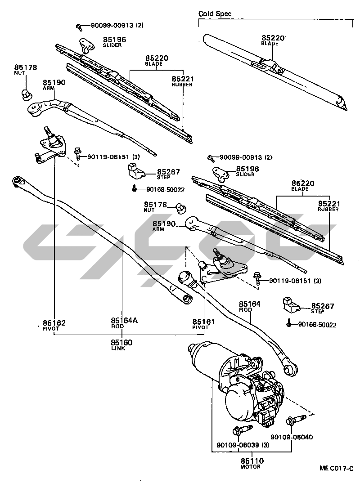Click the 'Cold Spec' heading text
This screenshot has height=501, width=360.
pos(215,14)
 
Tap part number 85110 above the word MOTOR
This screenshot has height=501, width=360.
pos(252,461)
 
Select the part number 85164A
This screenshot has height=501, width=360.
pos(124,321)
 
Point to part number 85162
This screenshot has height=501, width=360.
pos(54,322)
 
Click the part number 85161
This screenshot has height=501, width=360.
pos(204,322)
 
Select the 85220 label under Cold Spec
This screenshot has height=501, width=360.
pos(273,38)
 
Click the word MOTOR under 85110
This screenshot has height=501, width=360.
pos(251,467)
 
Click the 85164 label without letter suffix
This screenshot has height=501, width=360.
pos(249,304)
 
